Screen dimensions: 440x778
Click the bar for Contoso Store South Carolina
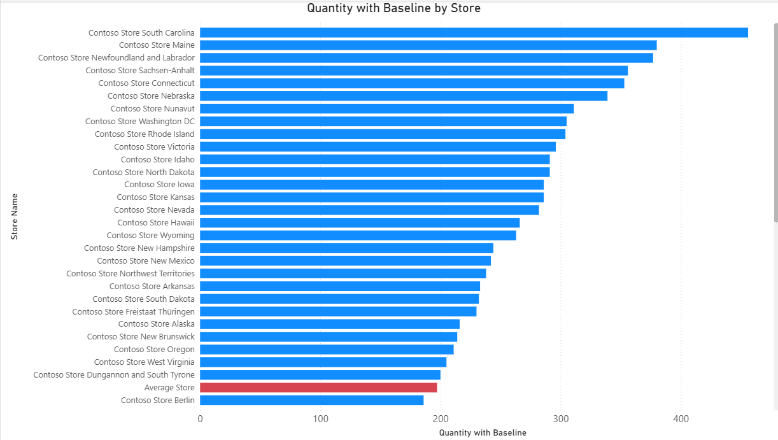pyautogui.click(x=474, y=32)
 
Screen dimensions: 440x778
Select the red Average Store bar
pyautogui.click(x=318, y=388)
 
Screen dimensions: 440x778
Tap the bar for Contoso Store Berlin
pyautogui.click(x=311, y=401)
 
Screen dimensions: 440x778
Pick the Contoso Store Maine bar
pyautogui.click(x=428, y=45)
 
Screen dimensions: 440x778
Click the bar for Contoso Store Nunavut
pyautogui.click(x=386, y=109)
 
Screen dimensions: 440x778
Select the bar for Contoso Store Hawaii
pyautogui.click(x=360, y=223)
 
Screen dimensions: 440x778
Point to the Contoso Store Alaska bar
pyautogui.click(x=330, y=324)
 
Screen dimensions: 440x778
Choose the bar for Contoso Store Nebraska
pyautogui.click(x=404, y=96)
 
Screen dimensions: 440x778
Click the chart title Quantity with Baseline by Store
pyautogui.click(x=393, y=8)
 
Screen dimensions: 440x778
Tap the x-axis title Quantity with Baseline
pyautogui.click(x=483, y=433)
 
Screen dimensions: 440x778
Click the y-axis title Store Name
pyautogui.click(x=15, y=216)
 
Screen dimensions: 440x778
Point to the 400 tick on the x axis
pyautogui.click(x=681, y=419)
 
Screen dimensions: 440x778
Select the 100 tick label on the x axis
pyautogui.click(x=320, y=419)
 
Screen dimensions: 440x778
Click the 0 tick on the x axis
pyautogui.click(x=200, y=419)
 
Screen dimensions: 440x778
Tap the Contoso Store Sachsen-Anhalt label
pyautogui.click(x=140, y=71)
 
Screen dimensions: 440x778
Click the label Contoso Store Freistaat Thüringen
pyautogui.click(x=134, y=311)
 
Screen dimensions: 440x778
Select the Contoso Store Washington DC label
pyautogui.click(x=140, y=122)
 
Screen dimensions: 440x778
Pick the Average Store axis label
pyautogui.click(x=169, y=388)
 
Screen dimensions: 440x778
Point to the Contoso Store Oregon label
pyautogui.click(x=154, y=350)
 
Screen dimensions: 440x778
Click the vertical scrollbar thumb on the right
pyautogui.click(x=775, y=121)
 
